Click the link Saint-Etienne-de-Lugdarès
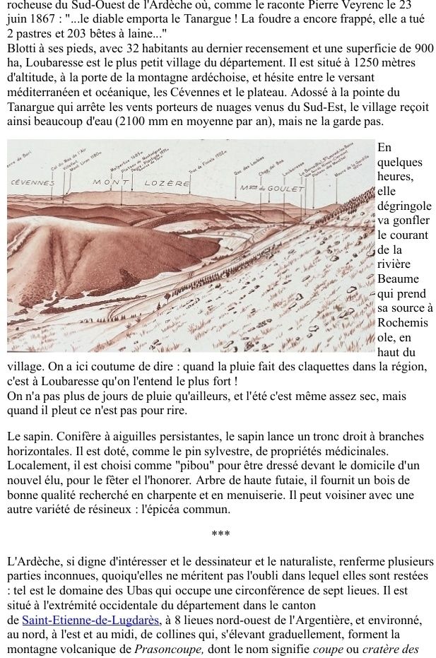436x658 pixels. tap(90, 620)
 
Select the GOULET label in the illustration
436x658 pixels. tap(284, 189)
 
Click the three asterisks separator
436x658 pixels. tap(220, 534)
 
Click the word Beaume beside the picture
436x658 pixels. tap(397, 279)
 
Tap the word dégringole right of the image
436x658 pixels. tap(404, 206)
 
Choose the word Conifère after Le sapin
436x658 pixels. tap(78, 435)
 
